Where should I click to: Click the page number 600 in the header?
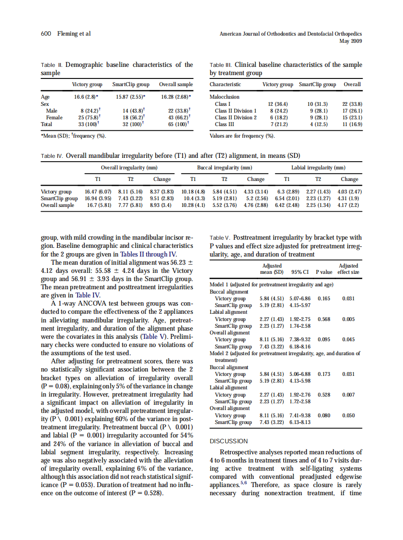pyautogui.click(x=46, y=34)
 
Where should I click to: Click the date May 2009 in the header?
pyautogui.click(x=351, y=41)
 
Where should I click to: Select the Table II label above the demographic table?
pyautogui.click(x=51, y=65)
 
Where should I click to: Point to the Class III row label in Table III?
pyautogui.click(x=225, y=124)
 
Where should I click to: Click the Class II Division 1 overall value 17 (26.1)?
pyautogui.click(x=352, y=110)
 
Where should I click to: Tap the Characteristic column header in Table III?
pyautogui.click(x=226, y=84)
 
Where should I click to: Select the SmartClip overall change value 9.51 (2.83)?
pyautogui.click(x=162, y=198)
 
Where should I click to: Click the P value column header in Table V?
pyautogui.click(x=324, y=272)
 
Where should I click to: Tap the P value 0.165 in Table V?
pyautogui.click(x=324, y=298)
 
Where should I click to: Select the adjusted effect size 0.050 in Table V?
pyautogui.click(x=349, y=415)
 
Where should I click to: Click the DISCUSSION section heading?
pyautogui.click(x=229, y=441)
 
